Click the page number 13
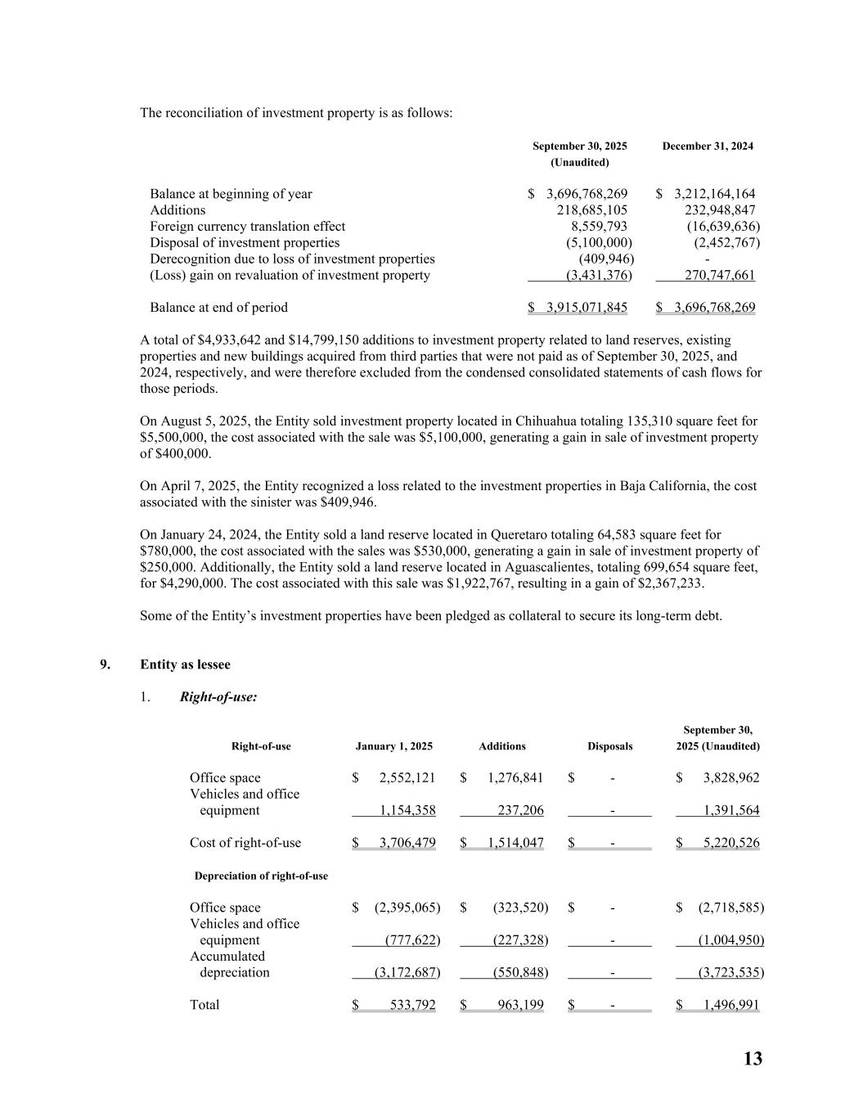click(x=753, y=1059)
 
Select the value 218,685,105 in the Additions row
click(x=591, y=210)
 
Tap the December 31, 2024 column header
click(x=708, y=146)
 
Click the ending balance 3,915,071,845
click(x=587, y=308)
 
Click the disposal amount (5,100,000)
click(x=599, y=243)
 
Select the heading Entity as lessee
click(x=185, y=664)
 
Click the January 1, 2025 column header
click(x=393, y=746)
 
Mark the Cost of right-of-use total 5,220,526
click(x=731, y=843)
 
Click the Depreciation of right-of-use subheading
click(x=261, y=876)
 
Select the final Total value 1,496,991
click(x=731, y=1005)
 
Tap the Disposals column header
click(x=609, y=746)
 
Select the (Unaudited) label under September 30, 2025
click(x=579, y=163)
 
